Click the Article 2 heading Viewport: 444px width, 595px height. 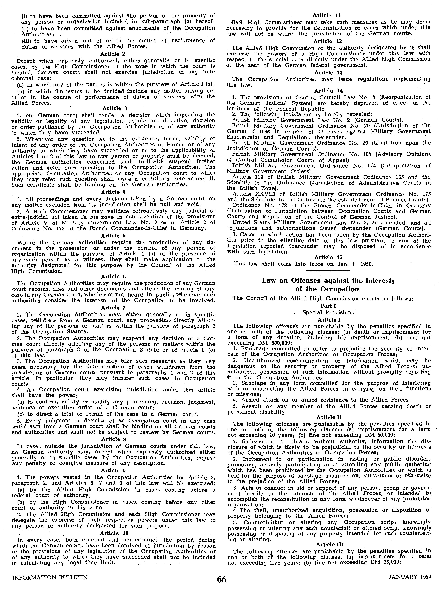coord(113,54)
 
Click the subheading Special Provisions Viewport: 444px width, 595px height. coord(328,312)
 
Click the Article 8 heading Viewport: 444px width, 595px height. coord(113,439)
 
